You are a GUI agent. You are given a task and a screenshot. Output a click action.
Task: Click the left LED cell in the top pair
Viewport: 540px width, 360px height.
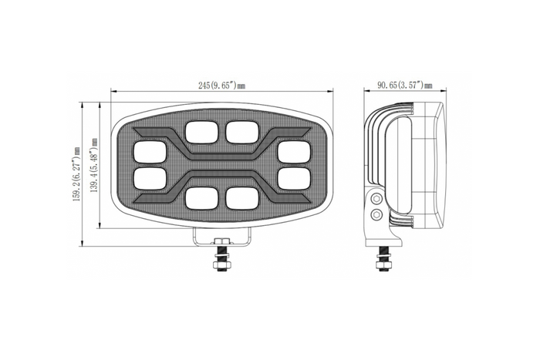[200, 132]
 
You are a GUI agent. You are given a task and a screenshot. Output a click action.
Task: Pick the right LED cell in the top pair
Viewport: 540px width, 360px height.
[241, 132]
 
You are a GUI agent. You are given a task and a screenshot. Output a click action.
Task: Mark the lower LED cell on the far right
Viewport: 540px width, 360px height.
[294, 178]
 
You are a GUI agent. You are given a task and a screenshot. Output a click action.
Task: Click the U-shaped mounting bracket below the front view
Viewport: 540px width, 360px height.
[221, 237]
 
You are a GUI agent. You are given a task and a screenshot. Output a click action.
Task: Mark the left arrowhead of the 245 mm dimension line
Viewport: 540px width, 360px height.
[113, 94]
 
